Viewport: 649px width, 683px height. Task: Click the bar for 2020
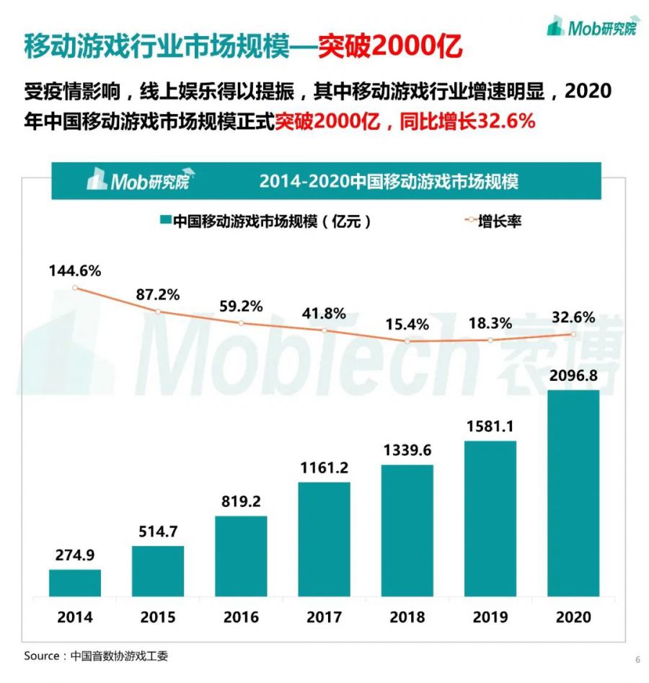click(573, 493)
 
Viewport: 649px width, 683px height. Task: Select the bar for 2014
click(75, 583)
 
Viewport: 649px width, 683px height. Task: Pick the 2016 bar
click(241, 556)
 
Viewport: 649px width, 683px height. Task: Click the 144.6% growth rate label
click(75, 271)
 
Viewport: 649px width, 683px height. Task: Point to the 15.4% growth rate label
click(407, 324)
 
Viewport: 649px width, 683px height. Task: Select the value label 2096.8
click(573, 376)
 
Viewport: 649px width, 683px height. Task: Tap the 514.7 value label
click(158, 532)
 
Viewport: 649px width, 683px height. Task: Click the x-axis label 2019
click(490, 617)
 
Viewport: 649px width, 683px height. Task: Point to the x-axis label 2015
click(158, 617)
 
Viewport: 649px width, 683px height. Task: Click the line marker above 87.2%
click(158, 311)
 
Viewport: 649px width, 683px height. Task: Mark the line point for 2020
click(573, 334)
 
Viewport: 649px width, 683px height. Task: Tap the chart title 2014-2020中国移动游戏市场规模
click(389, 181)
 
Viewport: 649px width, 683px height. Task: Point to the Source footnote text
click(97, 656)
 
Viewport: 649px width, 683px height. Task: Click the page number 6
click(637, 659)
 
